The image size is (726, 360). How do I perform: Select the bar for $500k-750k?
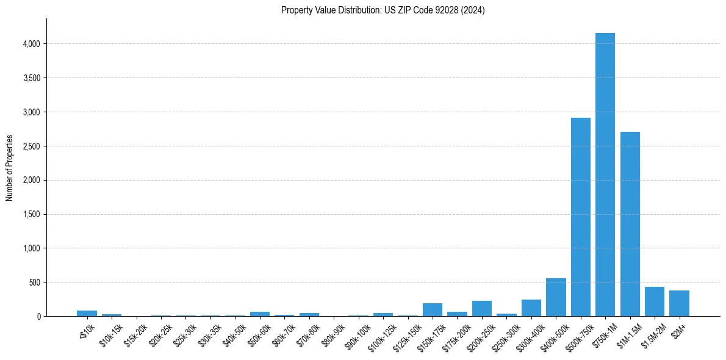580,217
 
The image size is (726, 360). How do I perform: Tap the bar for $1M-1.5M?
630,224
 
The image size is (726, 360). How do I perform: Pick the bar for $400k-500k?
556,298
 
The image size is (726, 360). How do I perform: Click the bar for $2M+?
679,304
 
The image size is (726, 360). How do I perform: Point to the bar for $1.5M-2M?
655,302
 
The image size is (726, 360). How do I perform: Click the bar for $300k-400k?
531,308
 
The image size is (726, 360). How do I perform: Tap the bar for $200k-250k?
481,309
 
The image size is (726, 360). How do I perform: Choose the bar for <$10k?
87,314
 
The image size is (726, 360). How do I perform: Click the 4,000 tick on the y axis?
31,44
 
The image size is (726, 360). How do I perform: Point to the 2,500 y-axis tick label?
31,146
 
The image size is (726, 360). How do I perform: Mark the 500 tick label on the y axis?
34,283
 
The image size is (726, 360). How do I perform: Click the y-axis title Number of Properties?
9,167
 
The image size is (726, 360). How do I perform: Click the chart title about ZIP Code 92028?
383,10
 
